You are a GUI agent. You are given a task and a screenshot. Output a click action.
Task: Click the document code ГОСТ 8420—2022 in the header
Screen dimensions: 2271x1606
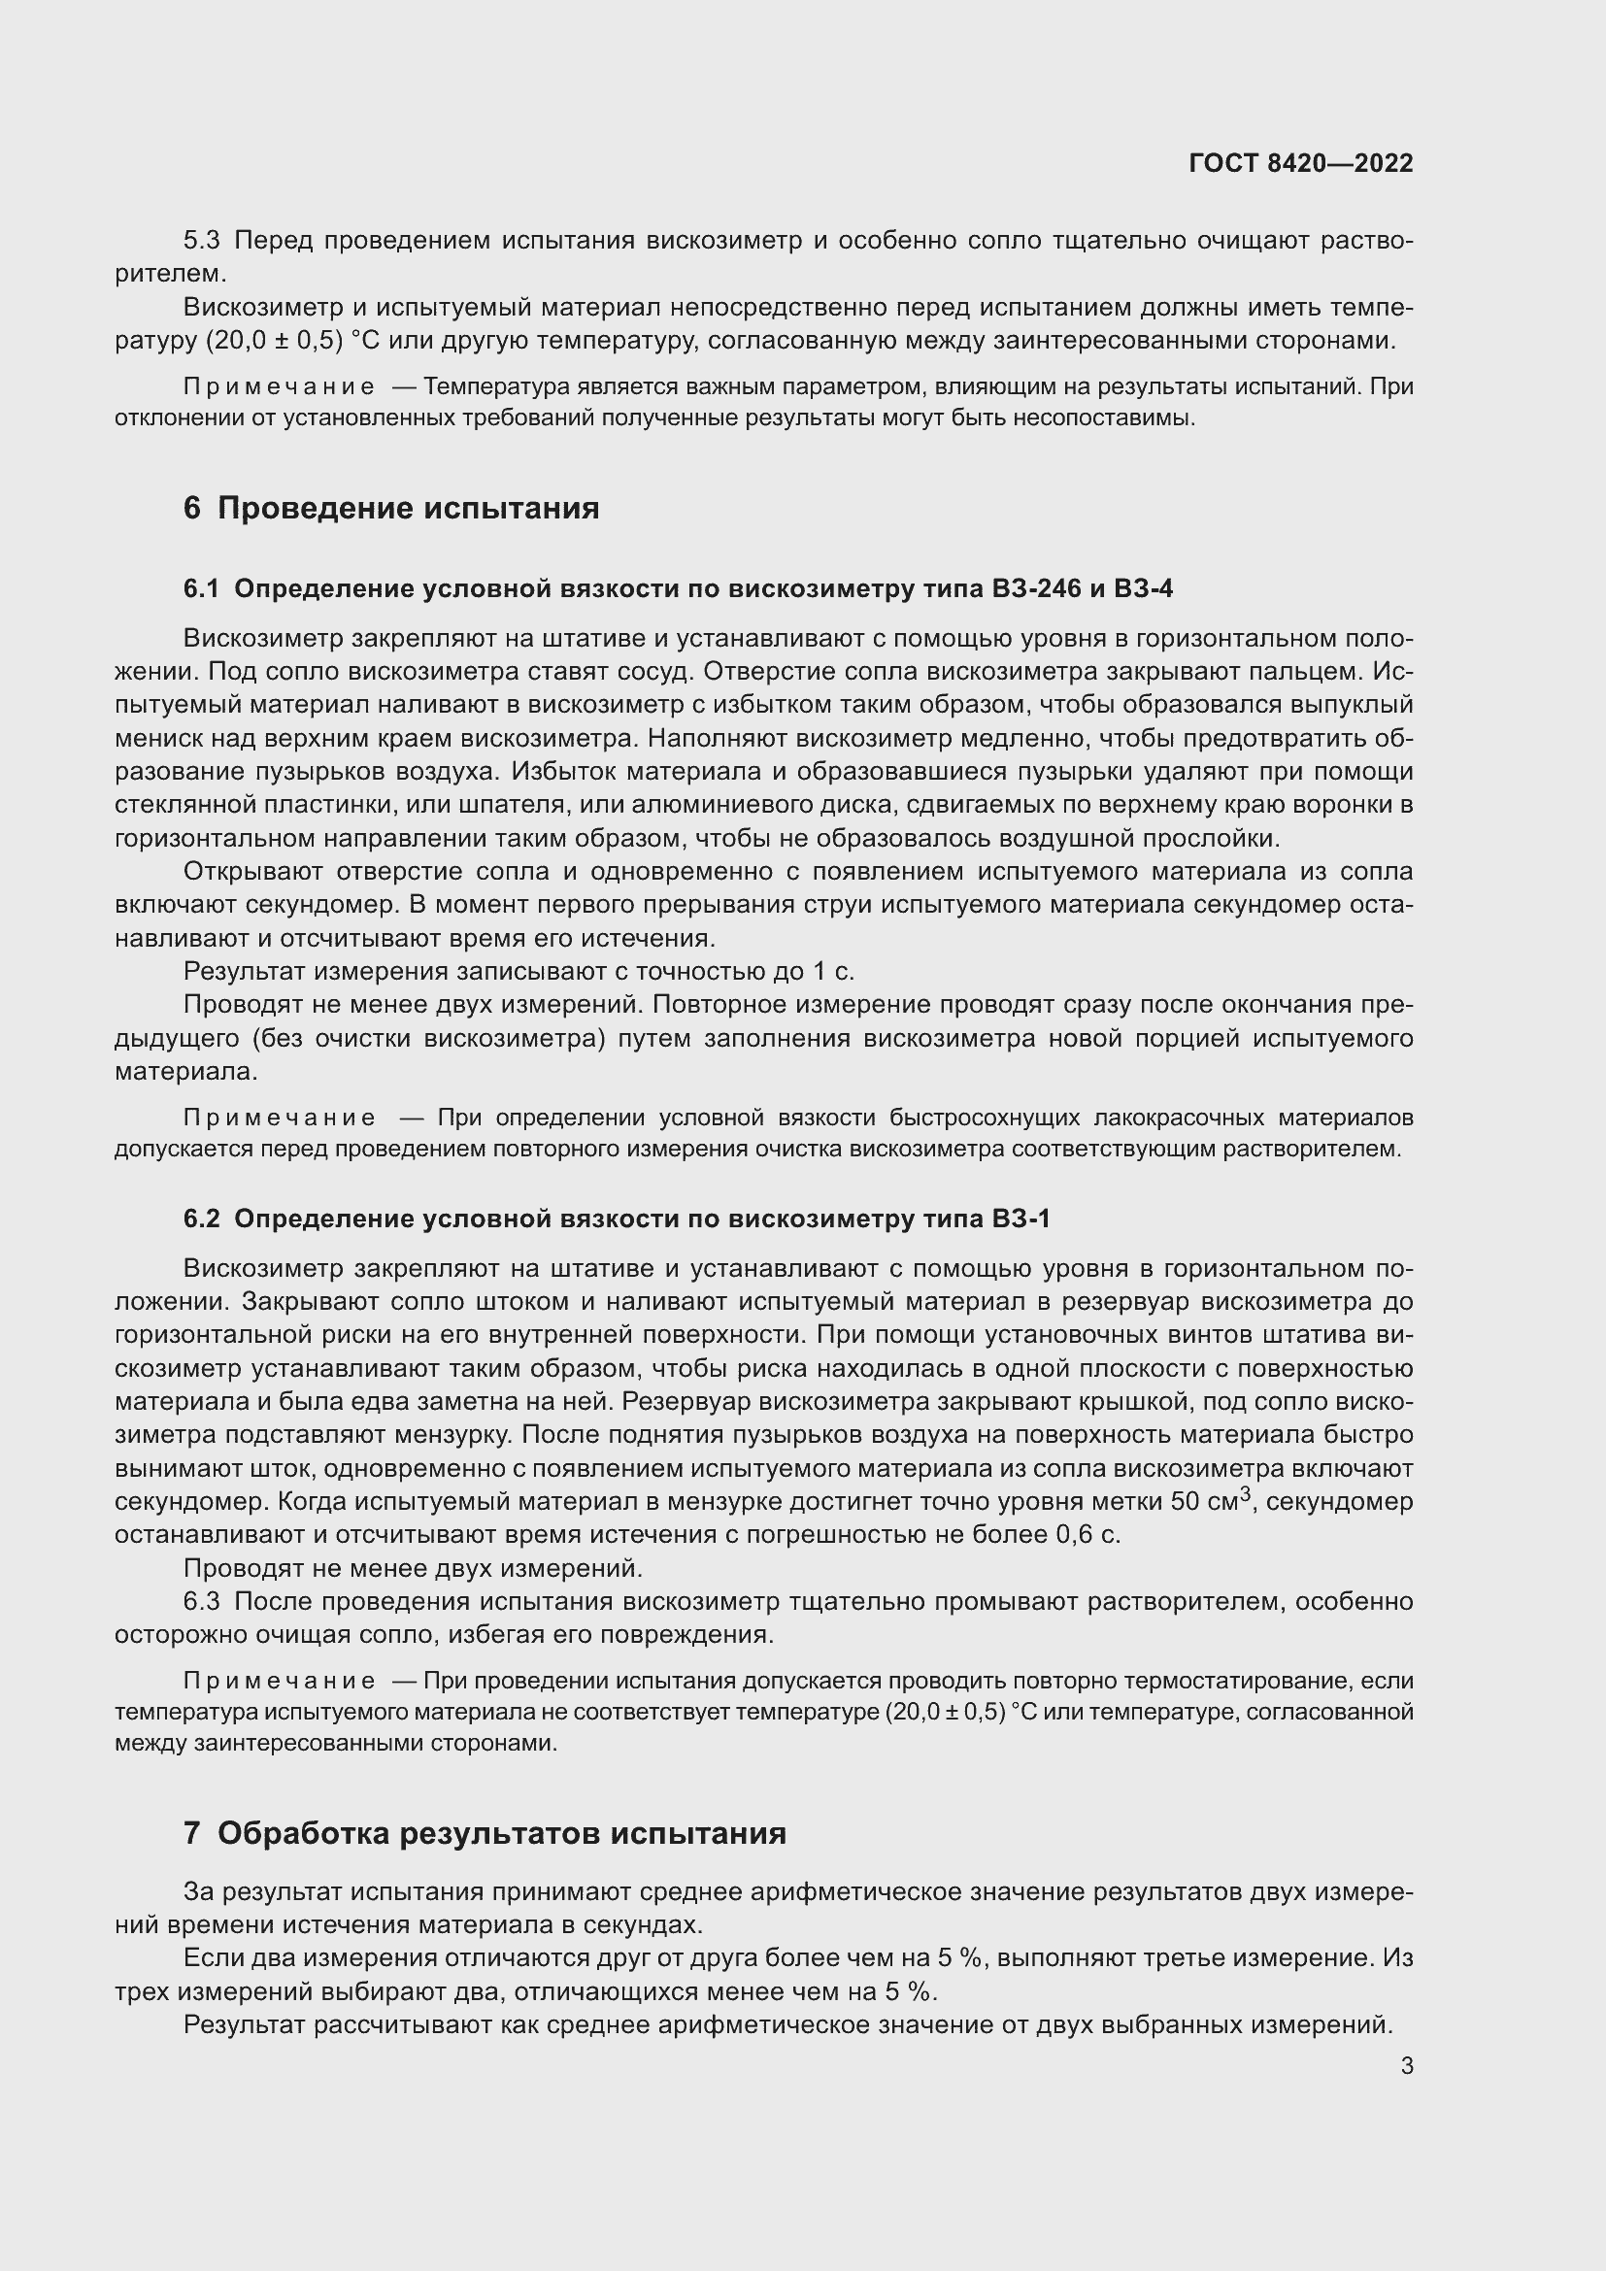coord(1300,163)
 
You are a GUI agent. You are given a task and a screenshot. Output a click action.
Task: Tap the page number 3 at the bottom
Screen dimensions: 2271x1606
coord(1406,2065)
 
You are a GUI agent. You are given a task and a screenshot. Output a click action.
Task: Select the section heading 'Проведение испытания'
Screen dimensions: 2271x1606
coord(408,509)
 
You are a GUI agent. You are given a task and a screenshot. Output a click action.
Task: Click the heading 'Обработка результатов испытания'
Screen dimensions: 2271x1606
coord(501,1834)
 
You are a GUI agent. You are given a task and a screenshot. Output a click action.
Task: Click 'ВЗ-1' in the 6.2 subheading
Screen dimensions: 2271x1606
coord(1020,1219)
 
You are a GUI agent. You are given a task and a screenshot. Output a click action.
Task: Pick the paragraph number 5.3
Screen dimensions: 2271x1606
coord(203,241)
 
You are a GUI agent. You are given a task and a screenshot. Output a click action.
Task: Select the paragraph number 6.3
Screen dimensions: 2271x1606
coord(203,1601)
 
